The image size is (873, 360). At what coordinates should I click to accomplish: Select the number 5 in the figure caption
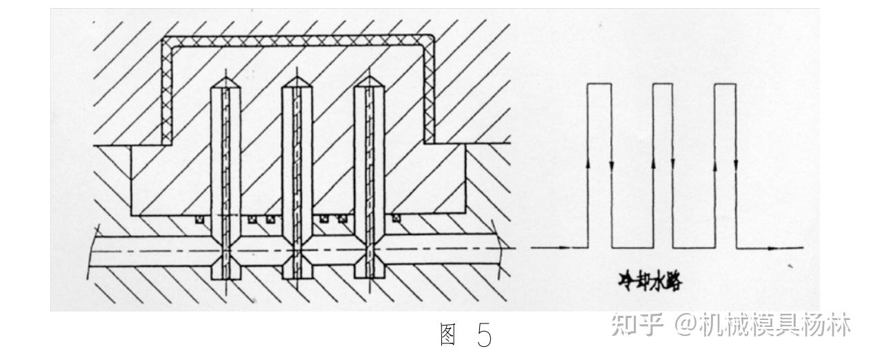pos(485,336)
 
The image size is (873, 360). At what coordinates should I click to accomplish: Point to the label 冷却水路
pos(648,281)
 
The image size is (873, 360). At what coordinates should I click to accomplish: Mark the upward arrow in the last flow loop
pos(715,165)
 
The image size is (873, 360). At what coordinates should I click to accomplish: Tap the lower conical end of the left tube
pos(225,264)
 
